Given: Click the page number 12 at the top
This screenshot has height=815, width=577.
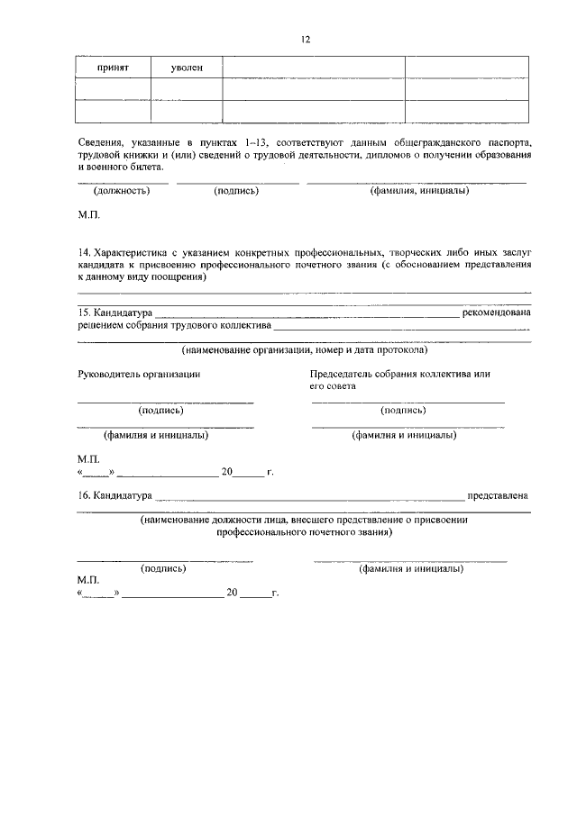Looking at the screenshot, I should pyautogui.click(x=305, y=40).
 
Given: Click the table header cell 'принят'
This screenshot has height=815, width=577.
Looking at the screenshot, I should pyautogui.click(x=114, y=68).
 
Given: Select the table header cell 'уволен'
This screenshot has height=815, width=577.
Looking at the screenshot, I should pyautogui.click(x=187, y=68).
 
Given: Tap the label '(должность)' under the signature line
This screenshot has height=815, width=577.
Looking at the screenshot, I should pyautogui.click(x=121, y=191).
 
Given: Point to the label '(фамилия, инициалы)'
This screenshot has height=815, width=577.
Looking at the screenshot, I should pyautogui.click(x=418, y=191).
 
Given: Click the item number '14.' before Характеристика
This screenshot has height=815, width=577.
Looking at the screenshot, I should pyautogui.click(x=85, y=254).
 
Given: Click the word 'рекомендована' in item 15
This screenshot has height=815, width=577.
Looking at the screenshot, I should pyautogui.click(x=497, y=312).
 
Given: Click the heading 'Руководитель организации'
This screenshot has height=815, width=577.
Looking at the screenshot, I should pyautogui.click(x=139, y=373).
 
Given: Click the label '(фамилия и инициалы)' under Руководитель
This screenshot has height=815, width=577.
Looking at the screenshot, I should pyautogui.click(x=156, y=435).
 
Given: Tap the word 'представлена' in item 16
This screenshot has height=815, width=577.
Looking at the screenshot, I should pyautogui.click(x=498, y=495).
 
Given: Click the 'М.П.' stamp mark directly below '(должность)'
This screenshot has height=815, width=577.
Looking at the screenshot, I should pyautogui.click(x=88, y=216).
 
